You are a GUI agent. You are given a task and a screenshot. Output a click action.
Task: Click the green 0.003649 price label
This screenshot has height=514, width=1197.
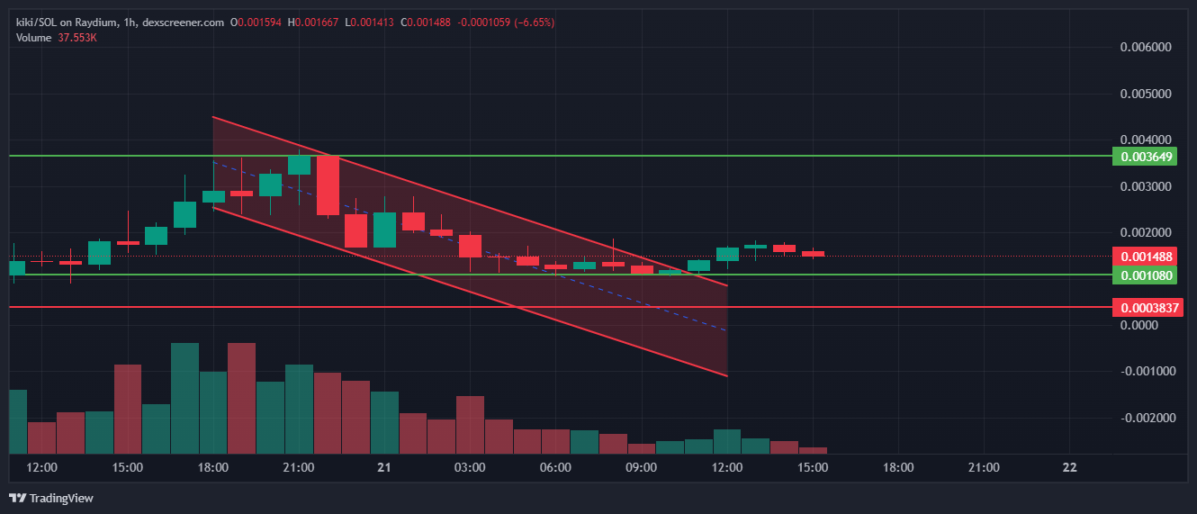[x=1144, y=157]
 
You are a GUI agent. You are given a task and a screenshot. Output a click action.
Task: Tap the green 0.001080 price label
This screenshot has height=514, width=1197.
[x=1144, y=275]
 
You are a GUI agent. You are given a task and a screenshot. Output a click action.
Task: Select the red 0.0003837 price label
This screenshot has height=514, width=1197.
[x=1147, y=308]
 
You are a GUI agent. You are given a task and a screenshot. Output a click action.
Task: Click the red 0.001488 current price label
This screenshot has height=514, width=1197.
[x=1144, y=257]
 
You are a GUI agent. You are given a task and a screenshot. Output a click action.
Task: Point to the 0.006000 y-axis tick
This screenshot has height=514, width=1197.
[x=1146, y=47]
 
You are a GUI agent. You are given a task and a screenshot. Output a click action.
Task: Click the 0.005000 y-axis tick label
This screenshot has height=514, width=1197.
[x=1146, y=94]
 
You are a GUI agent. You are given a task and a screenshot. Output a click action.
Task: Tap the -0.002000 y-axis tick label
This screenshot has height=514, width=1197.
[x=1146, y=418]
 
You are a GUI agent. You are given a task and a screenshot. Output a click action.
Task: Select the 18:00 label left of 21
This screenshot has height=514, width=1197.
[x=212, y=467]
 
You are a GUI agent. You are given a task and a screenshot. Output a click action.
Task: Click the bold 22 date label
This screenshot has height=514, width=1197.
[x=1069, y=467]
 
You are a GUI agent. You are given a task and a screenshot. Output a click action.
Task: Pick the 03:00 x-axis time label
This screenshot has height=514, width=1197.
[x=470, y=467]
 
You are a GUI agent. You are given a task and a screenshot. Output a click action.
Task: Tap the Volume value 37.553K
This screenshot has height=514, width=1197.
[x=77, y=38]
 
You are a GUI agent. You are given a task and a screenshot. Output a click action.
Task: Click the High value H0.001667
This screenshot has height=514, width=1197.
[x=312, y=23]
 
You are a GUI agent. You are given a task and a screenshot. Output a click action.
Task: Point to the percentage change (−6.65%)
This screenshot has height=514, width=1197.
[x=534, y=23]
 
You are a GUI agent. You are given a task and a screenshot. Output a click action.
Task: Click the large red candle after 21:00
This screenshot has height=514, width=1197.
[x=328, y=185]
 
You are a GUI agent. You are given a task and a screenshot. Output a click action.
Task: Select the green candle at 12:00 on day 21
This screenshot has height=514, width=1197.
[x=727, y=255]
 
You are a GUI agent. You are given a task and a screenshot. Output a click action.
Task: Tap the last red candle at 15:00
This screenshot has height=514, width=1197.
[x=813, y=253]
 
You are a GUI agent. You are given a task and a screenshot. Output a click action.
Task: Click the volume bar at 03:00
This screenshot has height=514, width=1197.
[x=470, y=425]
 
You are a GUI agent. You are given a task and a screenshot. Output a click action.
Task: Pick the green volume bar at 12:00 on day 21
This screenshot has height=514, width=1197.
[x=727, y=441]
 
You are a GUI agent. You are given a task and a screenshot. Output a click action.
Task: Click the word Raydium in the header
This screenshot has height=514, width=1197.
[x=95, y=23]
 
